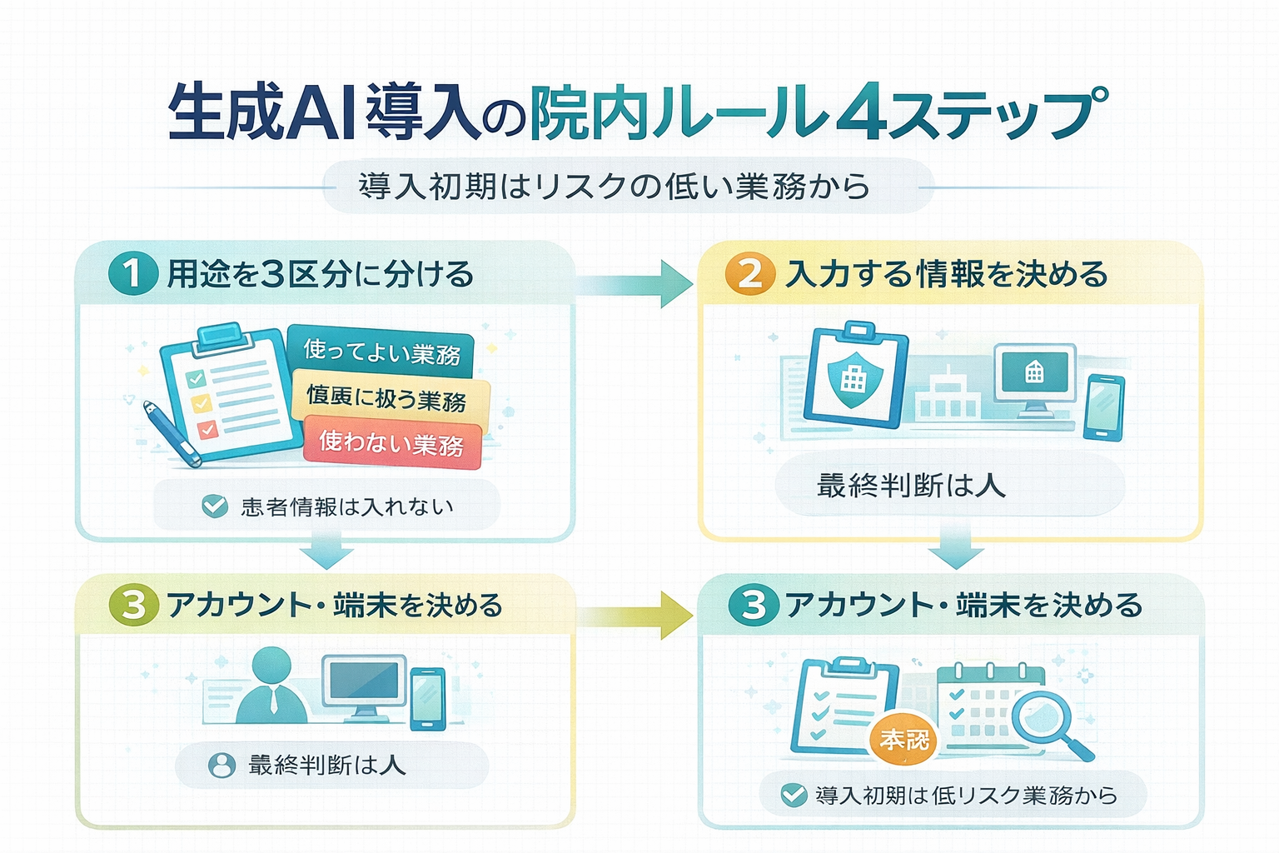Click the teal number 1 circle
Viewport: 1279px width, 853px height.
click(133, 274)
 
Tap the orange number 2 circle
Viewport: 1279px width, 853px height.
click(750, 274)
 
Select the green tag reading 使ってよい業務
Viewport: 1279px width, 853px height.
click(381, 351)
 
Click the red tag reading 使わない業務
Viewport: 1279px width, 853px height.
click(391, 443)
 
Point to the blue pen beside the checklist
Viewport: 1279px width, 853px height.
click(172, 434)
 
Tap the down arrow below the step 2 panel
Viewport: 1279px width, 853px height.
click(955, 546)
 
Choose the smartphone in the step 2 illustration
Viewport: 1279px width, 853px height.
click(1104, 407)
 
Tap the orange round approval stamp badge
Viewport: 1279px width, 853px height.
click(903, 739)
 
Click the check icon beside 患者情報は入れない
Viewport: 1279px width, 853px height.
click(216, 506)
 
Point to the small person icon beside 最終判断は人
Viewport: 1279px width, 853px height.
click(221, 765)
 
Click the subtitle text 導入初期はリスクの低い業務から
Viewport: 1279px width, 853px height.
click(614, 187)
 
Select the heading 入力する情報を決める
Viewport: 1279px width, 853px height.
click(946, 274)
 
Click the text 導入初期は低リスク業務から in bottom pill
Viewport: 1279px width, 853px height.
click(966, 796)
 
